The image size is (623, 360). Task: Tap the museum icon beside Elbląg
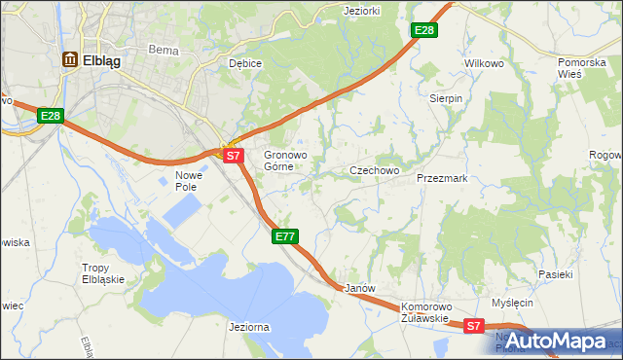pos(70,59)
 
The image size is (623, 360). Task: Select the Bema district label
pos(161,48)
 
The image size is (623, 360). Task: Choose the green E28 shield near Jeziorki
pos(424,31)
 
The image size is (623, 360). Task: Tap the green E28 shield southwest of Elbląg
pos(52,116)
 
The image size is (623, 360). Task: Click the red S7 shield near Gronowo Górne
pos(232,155)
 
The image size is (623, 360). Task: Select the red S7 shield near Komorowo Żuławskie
pos(473,327)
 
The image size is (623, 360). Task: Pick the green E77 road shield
pos(284,236)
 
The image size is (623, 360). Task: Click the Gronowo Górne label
pos(285,161)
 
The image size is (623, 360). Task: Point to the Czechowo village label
pos(375,170)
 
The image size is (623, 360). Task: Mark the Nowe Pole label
pos(187,181)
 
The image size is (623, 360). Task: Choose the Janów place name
pos(360,289)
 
